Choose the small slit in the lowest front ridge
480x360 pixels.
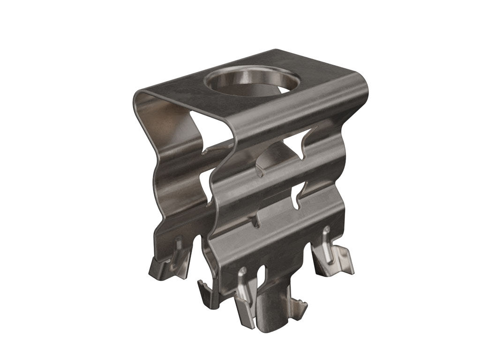pos(256,220)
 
